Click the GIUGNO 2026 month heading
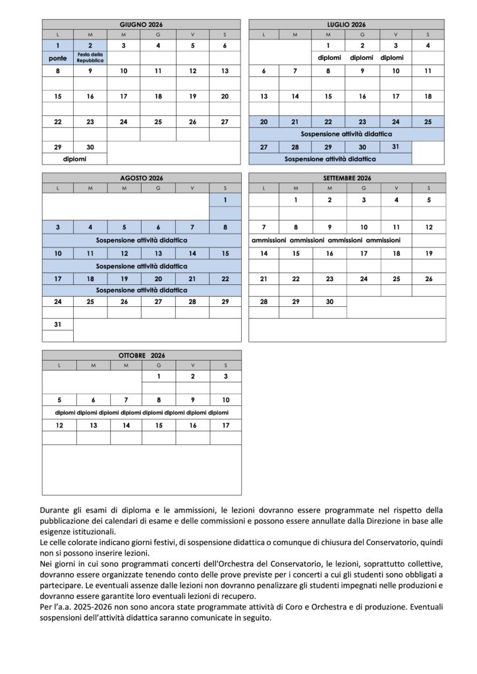[141, 24]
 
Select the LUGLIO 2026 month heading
[347, 24]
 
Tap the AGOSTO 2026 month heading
[141, 178]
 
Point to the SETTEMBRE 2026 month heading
[347, 178]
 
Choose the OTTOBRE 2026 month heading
[141, 355]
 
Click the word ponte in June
[58, 58]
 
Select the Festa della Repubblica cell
[90, 57]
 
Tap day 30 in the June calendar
[90, 147]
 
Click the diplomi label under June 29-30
[74, 159]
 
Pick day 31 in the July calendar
[395, 147]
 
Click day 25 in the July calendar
[428, 121]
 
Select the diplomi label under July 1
[329, 58]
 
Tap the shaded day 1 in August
[225, 199]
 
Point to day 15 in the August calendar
[225, 253]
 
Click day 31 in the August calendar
[58, 324]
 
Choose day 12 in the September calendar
[429, 227]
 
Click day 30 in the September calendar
[329, 301]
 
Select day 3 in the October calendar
[225, 376]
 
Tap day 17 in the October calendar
[225, 425]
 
